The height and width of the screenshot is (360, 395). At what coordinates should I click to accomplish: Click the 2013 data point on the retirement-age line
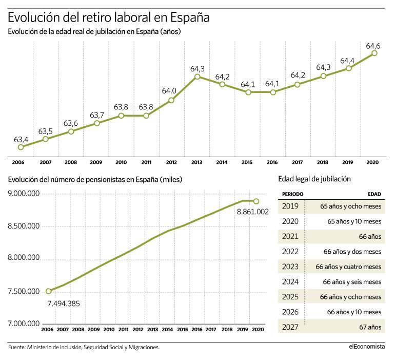(197, 77)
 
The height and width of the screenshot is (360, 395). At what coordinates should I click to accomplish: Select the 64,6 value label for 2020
(373, 46)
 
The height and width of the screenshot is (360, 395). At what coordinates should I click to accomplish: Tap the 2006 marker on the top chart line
(21, 147)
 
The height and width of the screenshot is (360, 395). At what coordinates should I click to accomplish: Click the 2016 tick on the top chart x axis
(272, 162)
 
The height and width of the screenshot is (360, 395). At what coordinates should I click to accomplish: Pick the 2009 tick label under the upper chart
(96, 162)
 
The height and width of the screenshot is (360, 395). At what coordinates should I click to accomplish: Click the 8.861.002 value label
(253, 211)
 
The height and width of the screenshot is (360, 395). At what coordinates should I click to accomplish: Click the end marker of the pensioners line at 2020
(256, 201)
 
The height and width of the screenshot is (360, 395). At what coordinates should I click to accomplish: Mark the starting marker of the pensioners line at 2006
(48, 291)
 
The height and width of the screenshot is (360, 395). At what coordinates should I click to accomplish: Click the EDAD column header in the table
(374, 195)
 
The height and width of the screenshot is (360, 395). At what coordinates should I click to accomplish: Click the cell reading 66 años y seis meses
(352, 281)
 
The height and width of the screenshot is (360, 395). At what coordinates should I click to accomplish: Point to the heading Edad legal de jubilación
(314, 179)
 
